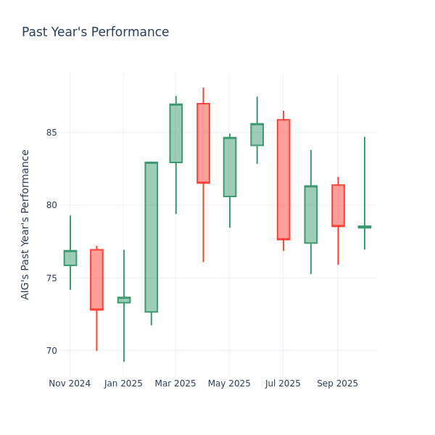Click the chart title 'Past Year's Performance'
coord(95,33)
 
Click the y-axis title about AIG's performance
coord(25,224)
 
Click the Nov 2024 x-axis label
coord(70,384)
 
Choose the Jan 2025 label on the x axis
coord(123,384)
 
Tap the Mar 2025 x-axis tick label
coord(175,384)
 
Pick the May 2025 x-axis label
coord(229,384)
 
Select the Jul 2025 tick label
coord(283,384)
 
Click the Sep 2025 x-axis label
coord(337,384)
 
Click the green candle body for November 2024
coord(70,258)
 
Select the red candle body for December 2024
coord(96,279)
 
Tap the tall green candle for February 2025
coord(151,237)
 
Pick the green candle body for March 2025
coord(175,133)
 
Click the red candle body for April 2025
coord(203,143)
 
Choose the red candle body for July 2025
coord(283,179)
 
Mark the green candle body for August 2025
coord(310,215)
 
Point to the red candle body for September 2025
coord(338,205)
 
